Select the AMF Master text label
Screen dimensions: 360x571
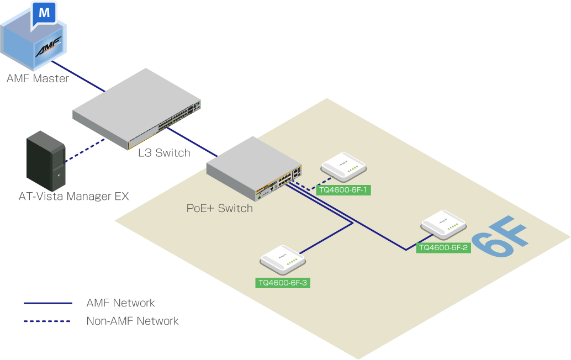(x=38, y=78)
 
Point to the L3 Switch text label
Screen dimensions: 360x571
(x=164, y=153)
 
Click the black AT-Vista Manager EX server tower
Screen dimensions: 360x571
(x=46, y=161)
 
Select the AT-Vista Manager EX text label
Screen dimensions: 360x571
(x=74, y=196)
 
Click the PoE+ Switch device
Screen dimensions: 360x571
(x=254, y=168)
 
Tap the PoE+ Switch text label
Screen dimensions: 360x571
(x=219, y=208)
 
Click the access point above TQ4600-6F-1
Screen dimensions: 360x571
(x=344, y=166)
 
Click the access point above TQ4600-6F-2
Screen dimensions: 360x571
(x=443, y=224)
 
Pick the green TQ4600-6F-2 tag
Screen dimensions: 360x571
(x=443, y=248)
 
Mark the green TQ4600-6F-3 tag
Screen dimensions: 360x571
(x=283, y=283)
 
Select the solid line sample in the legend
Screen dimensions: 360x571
(x=48, y=303)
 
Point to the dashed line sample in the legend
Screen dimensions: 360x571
(x=48, y=321)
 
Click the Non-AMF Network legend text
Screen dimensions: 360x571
(x=133, y=321)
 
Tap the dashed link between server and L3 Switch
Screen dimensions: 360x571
(x=84, y=151)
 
